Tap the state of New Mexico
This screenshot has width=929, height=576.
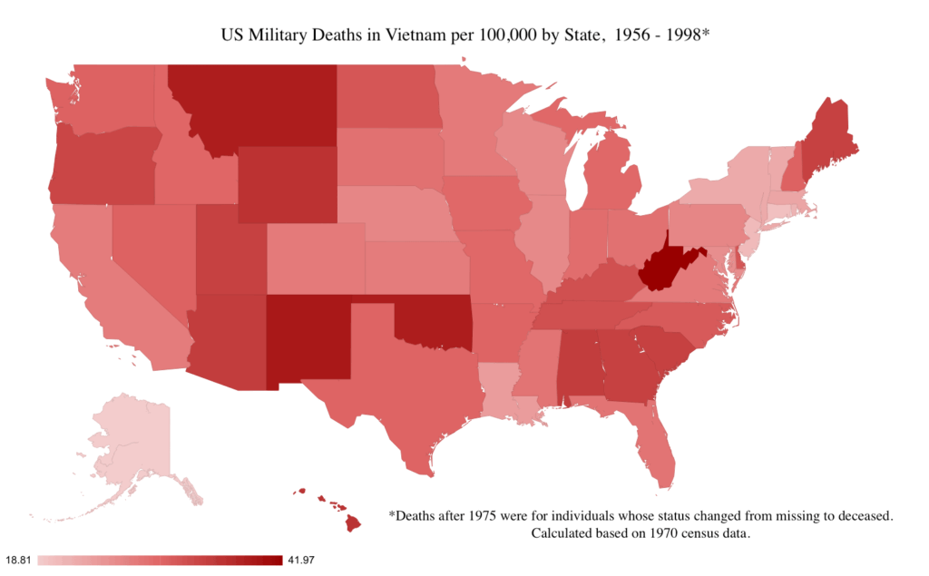[307, 340]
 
